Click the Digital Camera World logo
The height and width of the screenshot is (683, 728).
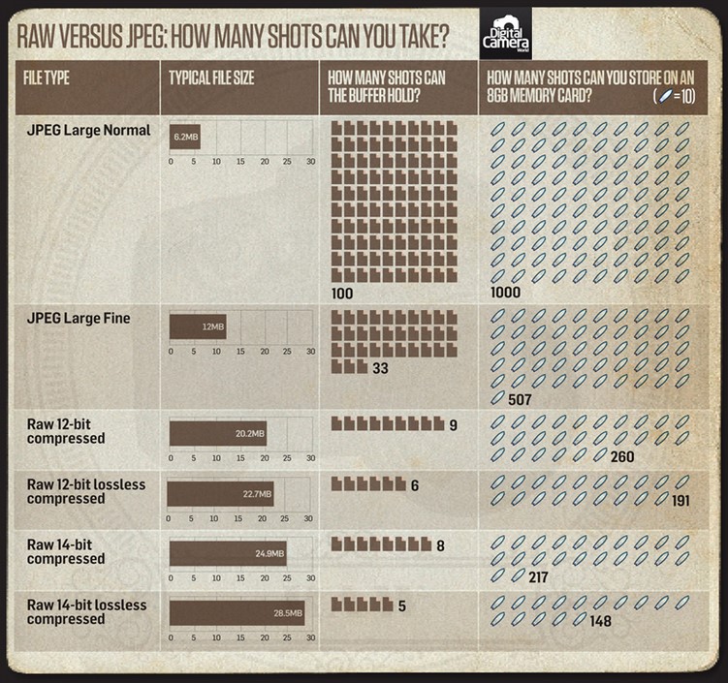(x=505, y=35)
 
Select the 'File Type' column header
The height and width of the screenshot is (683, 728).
(x=46, y=78)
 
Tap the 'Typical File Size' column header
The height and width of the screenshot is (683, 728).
(x=210, y=78)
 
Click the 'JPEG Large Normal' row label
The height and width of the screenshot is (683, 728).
(x=87, y=130)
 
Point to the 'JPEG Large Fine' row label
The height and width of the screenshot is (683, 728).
(x=78, y=318)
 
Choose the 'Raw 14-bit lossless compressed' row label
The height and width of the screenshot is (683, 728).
(x=86, y=612)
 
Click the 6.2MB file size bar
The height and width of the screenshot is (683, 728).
(x=184, y=139)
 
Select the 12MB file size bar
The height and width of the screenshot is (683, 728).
(x=198, y=326)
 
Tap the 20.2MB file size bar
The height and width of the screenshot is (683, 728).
(x=217, y=434)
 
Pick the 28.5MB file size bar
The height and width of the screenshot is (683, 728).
(x=237, y=613)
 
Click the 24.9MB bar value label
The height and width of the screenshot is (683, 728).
(x=269, y=554)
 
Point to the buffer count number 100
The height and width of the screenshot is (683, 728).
(x=341, y=293)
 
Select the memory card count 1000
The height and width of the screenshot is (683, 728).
(x=505, y=293)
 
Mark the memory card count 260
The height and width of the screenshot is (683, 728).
(x=623, y=455)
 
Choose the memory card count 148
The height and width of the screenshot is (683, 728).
(x=600, y=621)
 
